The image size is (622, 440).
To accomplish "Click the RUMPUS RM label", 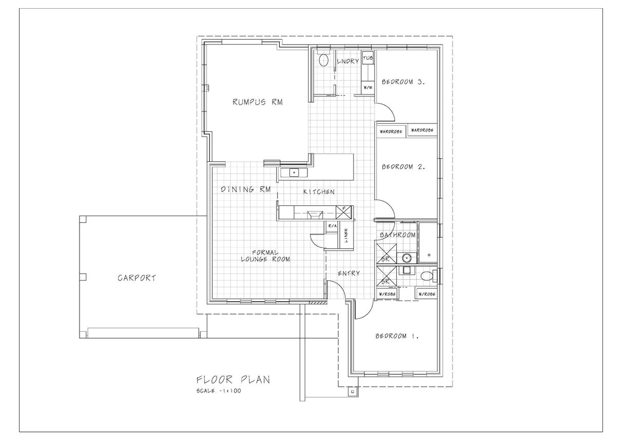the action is click(258, 102).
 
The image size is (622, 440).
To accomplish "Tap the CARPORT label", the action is click(137, 278).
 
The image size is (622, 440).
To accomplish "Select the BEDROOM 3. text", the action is click(403, 82).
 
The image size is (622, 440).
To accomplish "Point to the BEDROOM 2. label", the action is click(403, 167).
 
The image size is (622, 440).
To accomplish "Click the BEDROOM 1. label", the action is click(397, 336).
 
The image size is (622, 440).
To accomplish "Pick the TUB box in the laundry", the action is click(367, 58).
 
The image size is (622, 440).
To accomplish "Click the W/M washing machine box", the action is click(367, 87).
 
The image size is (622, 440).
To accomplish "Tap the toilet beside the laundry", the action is click(323, 60).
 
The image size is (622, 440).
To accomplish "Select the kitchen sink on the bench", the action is click(294, 173).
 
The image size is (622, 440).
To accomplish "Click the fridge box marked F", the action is click(344, 212).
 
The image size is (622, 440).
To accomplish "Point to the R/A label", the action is click(333, 226).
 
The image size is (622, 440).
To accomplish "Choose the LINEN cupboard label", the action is click(346, 236).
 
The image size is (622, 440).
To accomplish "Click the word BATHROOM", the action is click(398, 235).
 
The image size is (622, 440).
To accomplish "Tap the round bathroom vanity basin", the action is click(407, 258).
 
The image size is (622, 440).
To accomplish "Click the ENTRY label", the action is click(349, 273).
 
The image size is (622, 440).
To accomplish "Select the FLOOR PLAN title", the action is click(233, 380).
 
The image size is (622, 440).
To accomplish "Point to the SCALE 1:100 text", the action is click(219, 391).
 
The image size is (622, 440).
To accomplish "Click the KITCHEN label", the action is click(319, 192).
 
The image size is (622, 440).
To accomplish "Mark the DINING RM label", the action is click(246, 189).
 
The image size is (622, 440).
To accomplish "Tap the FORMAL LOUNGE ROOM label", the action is click(265, 256).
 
